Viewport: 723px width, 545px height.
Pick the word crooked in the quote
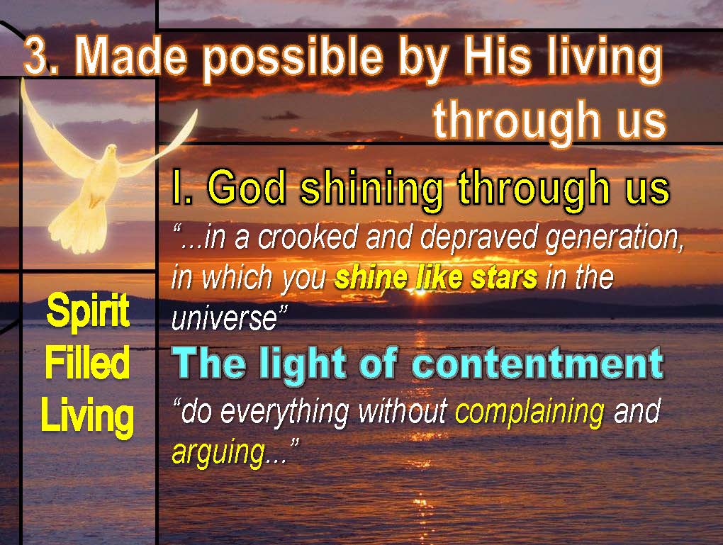(x=308, y=237)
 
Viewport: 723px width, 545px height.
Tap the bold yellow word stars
(x=505, y=278)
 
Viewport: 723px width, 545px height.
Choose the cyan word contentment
(x=538, y=364)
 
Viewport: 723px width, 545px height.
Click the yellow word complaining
(x=529, y=412)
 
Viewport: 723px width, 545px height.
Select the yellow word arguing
(x=218, y=453)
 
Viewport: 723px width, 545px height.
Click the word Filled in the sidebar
(x=87, y=363)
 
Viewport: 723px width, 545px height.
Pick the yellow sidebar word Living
(x=87, y=416)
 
